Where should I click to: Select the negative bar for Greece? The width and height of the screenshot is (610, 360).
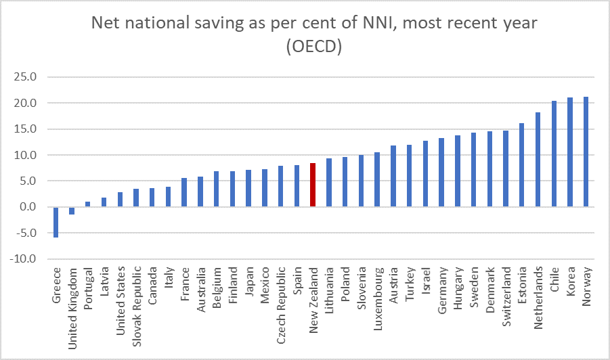(56, 222)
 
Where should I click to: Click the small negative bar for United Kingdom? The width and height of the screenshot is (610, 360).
(72, 210)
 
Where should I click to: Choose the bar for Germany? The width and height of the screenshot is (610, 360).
(441, 173)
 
